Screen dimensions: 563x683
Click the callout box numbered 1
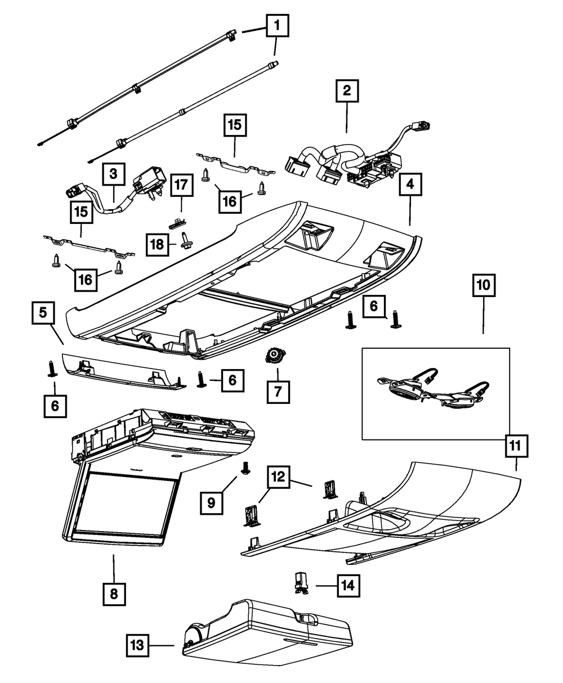coord(277,25)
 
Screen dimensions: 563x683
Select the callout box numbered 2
coord(347,91)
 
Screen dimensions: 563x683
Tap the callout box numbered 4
coord(410,185)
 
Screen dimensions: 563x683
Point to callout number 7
coord(278,392)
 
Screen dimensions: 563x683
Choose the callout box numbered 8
coord(114,594)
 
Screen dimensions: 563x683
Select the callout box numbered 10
coord(484,285)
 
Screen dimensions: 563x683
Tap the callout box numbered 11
coord(516,446)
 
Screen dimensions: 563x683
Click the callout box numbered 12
coord(278,477)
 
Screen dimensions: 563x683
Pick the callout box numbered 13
coord(137,645)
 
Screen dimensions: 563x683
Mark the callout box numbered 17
coord(181,185)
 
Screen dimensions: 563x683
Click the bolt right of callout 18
coord(186,241)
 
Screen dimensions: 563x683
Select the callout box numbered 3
coord(113,174)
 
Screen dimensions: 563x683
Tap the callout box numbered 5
coord(43,313)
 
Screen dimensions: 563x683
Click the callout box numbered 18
coord(157,244)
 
